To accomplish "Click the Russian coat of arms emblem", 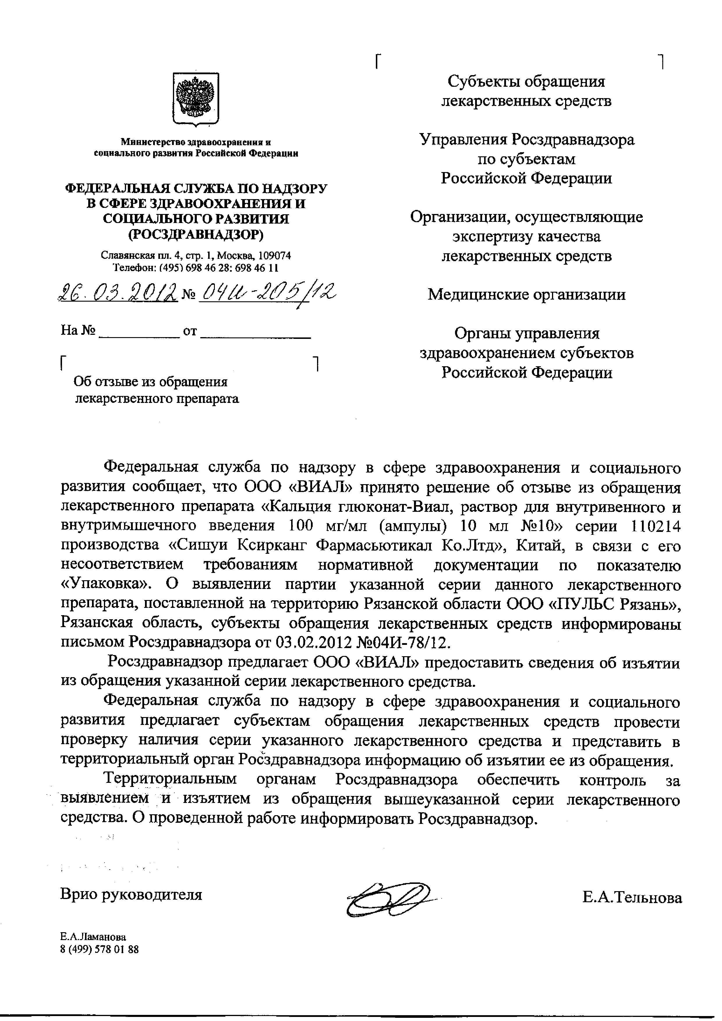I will (196, 99).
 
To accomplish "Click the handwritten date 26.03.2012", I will (118, 293).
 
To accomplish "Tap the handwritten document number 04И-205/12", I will (267, 293).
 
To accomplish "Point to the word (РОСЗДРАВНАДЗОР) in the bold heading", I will (196, 234).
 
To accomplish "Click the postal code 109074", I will (274, 256).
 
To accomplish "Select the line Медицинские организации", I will (526, 294).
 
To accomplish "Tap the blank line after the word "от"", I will (255, 334).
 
